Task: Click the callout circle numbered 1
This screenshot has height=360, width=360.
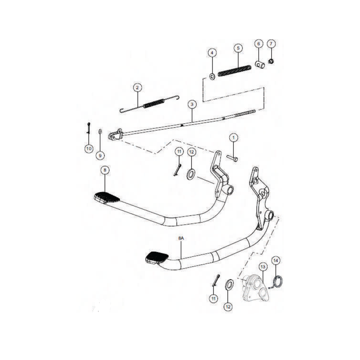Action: [234, 138]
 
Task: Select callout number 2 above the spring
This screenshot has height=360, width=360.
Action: [137, 87]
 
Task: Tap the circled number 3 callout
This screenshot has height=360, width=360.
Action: [192, 104]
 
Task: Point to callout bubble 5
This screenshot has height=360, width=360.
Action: [238, 48]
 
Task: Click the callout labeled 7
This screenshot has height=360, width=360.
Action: [271, 44]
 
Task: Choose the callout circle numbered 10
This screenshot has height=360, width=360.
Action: [89, 149]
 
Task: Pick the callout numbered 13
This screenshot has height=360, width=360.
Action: [263, 267]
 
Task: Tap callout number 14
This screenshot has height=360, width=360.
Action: [276, 261]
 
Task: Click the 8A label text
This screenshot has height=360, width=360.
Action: [181, 238]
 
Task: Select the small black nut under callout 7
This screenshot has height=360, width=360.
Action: [271, 61]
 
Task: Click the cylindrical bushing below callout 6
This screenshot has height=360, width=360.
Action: [260, 65]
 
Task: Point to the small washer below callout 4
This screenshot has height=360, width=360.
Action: [212, 76]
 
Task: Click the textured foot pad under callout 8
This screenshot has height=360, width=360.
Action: [107, 197]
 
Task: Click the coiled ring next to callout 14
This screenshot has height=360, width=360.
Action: [277, 282]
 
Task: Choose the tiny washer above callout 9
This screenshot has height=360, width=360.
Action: [100, 132]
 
